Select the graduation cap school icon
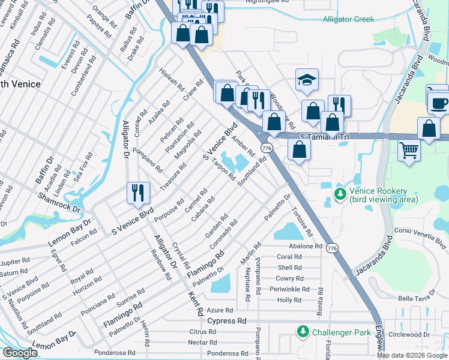[307, 80]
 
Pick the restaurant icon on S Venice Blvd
[137, 193]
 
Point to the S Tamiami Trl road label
[324, 137]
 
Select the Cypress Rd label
[227, 321]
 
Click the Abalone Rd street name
[306, 246]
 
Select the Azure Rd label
[220, 310]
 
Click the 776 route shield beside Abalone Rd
[331, 247]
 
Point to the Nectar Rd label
[202, 342]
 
